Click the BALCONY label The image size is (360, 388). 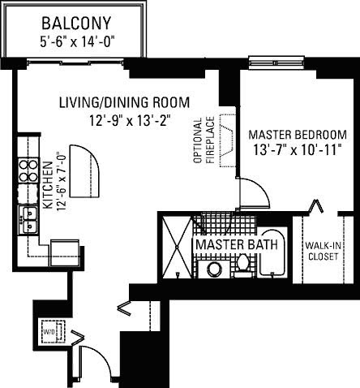point(76,24)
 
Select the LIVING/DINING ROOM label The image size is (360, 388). point(124,103)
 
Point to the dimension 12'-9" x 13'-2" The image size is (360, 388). point(131,120)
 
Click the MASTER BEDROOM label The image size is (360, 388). point(298,135)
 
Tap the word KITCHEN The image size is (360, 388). point(48,185)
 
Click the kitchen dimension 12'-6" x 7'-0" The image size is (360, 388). point(62,182)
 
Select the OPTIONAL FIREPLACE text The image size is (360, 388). point(204,140)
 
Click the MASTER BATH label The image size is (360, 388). point(237,244)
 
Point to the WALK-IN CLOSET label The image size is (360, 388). point(324,251)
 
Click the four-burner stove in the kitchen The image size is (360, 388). point(28,170)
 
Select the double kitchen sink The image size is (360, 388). point(28,220)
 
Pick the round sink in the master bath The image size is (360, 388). point(215,269)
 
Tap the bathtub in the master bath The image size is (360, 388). point(272,253)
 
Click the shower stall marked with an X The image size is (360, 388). point(178,247)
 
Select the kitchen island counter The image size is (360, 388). point(85,171)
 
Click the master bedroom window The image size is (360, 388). point(275,63)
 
